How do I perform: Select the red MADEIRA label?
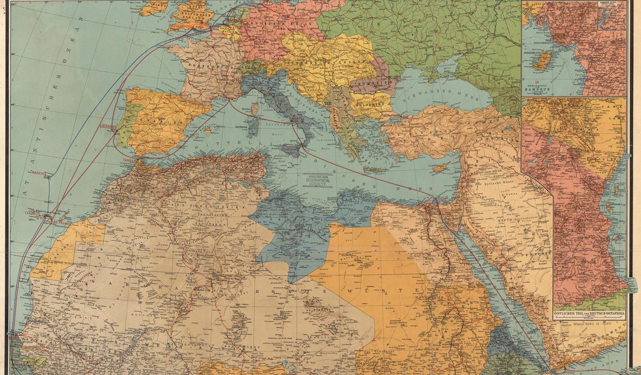pos(39,173)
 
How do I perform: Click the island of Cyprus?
pos(440,167)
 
